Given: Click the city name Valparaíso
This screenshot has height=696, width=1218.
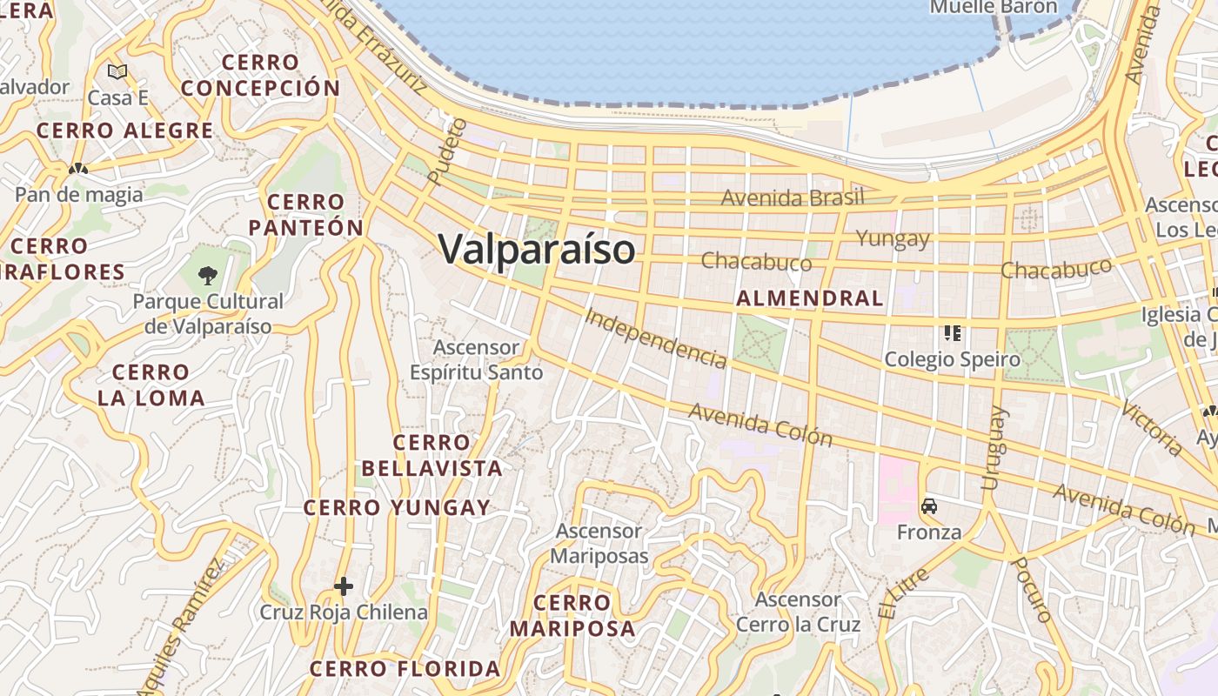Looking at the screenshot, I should click(x=537, y=250).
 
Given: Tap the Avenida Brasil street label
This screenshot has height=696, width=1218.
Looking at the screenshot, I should click(x=793, y=197).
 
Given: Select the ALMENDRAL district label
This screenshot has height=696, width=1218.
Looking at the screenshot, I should click(x=809, y=298).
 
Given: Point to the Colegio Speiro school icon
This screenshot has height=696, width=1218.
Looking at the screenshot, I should click(x=953, y=333).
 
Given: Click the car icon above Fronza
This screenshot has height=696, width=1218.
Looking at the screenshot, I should click(x=929, y=506).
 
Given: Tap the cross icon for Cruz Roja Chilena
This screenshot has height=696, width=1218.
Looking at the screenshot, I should click(x=344, y=586).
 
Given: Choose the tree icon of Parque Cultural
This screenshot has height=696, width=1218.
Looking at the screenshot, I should click(x=207, y=276).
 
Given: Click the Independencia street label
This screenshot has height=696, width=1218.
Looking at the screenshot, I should click(x=655, y=338).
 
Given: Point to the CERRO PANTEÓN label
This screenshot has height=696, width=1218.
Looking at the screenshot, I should click(x=306, y=215).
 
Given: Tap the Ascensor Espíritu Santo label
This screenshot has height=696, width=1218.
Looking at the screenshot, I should click(x=477, y=360).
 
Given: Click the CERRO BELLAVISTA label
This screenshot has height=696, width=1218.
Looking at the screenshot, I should click(x=432, y=455).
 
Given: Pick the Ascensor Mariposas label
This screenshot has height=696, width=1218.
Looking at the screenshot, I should click(x=599, y=543).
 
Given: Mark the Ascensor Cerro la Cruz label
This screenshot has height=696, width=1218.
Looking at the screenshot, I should click(x=798, y=612).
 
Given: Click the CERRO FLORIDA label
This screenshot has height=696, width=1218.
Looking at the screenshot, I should click(x=405, y=669).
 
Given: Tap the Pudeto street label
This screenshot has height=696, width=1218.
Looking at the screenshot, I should click(x=448, y=151).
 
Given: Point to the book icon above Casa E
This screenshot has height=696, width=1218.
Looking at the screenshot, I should click(x=117, y=71).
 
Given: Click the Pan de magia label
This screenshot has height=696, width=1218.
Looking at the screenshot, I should click(x=79, y=194).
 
